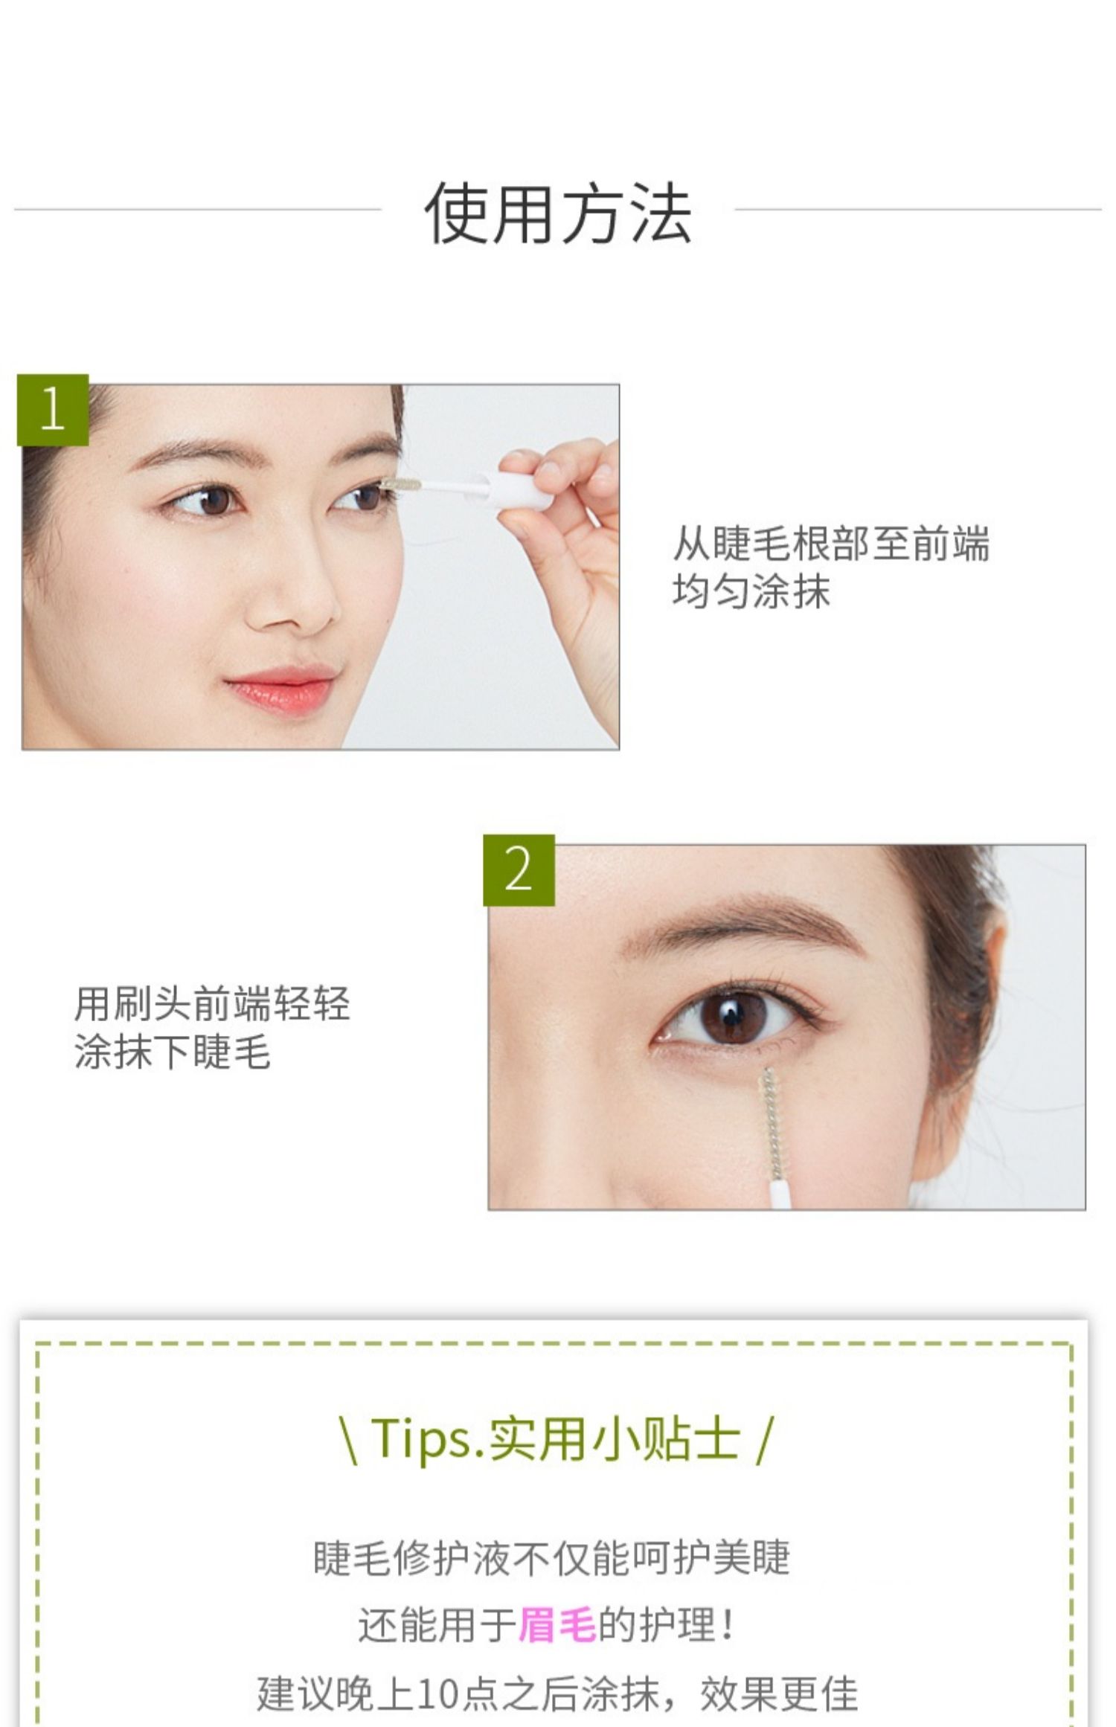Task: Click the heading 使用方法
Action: [x=558, y=214]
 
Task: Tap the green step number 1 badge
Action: [x=53, y=410]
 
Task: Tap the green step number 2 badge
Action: [x=519, y=870]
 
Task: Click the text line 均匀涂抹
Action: [x=751, y=592]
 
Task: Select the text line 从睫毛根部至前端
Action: [x=831, y=543]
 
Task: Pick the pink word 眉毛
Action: [x=557, y=1624]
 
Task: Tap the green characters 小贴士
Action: [x=667, y=1438]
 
